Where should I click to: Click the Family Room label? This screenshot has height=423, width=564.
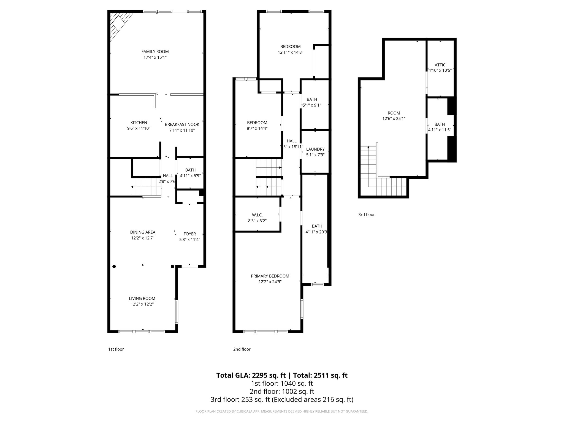[x=155, y=51]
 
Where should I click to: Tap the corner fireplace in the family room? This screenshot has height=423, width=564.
[x=119, y=25]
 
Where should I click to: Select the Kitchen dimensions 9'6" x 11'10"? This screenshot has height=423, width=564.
[x=139, y=128]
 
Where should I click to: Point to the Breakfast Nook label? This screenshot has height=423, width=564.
[x=182, y=124]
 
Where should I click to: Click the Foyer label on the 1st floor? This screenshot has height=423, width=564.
[x=189, y=234]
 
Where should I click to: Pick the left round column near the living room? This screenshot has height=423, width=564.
[x=114, y=266]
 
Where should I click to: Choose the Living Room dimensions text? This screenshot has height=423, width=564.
[x=142, y=304]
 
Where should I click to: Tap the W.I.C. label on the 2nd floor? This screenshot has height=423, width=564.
[x=257, y=215]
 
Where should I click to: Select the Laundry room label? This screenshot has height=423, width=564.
[x=315, y=149]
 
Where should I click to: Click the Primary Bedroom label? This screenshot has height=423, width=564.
[x=270, y=276]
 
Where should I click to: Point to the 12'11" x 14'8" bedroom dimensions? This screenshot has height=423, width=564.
[x=290, y=52]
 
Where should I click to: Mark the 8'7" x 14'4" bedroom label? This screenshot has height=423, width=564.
[x=257, y=123]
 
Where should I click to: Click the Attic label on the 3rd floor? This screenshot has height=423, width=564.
[x=440, y=65]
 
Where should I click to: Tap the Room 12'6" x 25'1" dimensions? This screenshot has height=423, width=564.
[x=394, y=119]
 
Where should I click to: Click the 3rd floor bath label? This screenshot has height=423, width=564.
[x=440, y=124]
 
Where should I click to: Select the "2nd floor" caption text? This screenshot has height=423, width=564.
[x=242, y=349]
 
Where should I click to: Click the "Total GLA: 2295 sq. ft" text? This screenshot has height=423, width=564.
[x=251, y=375]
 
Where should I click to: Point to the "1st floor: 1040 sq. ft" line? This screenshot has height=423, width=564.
[x=282, y=383]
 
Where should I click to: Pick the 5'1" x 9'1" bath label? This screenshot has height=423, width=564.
[x=312, y=99]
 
